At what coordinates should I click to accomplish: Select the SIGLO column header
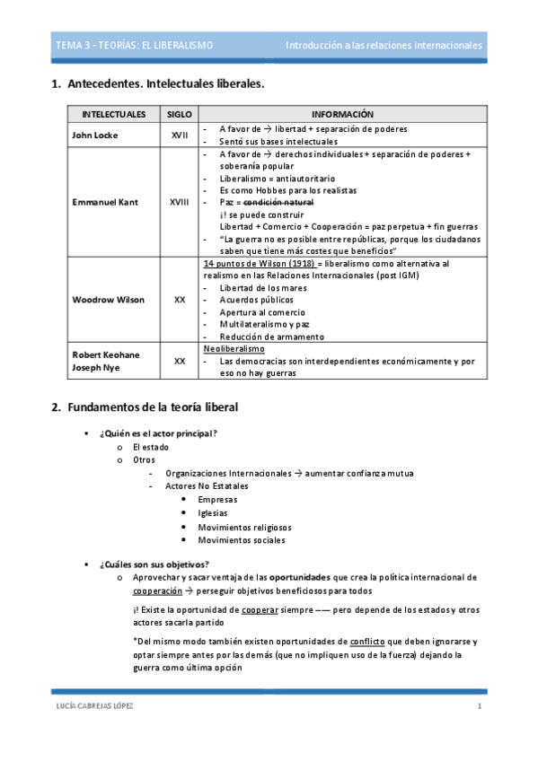[x=179, y=115]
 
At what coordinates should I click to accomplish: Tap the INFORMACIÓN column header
[x=341, y=115]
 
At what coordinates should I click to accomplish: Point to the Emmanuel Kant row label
[x=105, y=202]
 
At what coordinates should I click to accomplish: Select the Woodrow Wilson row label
[x=108, y=300]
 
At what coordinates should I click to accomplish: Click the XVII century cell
[x=179, y=135]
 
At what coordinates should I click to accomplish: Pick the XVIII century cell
[x=179, y=202]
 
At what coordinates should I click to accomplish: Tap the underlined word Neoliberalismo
[x=234, y=348]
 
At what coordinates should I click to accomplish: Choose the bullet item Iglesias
[x=213, y=512]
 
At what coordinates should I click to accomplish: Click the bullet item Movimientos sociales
[x=241, y=540]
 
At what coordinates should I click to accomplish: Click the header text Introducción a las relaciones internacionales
[x=384, y=45]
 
